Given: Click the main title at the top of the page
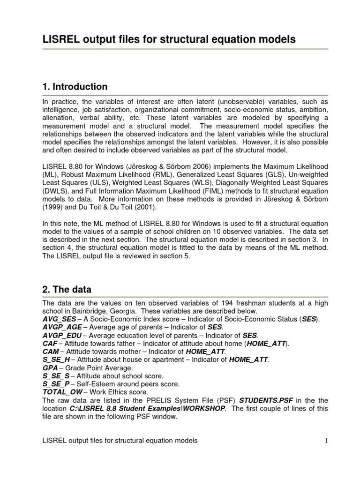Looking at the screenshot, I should pos(169,40).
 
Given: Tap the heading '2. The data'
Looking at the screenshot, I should pos(67,289).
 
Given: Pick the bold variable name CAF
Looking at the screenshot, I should pos(50,343).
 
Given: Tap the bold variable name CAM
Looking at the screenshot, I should pos(51,351).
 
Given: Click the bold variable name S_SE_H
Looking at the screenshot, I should pos(56,359).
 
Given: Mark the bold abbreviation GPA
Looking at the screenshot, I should pos(50,367).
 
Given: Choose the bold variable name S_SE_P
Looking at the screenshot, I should pos(56,383).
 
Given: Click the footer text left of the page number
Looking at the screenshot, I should pos(120,440).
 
